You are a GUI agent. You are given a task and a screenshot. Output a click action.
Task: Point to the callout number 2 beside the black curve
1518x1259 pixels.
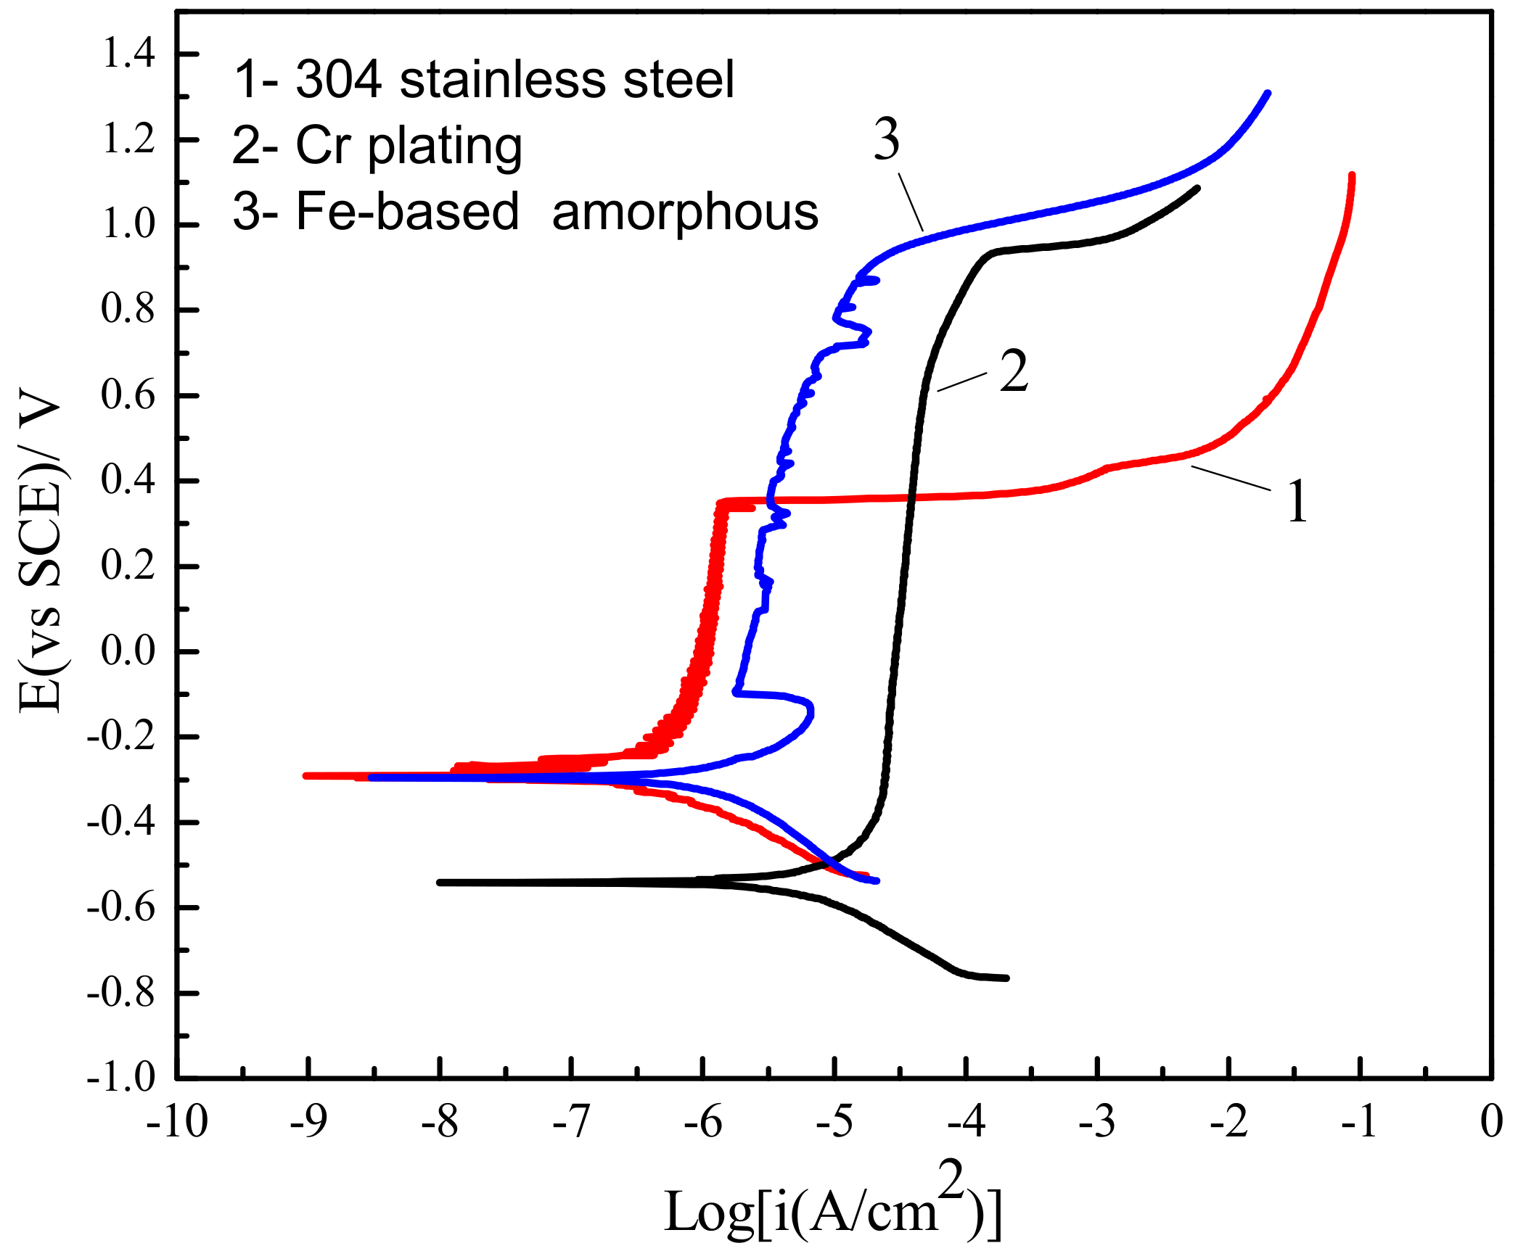1014,371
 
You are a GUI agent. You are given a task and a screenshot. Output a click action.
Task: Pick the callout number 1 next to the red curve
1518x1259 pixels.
1297,501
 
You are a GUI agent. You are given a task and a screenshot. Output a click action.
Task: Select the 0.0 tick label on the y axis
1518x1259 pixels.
128,651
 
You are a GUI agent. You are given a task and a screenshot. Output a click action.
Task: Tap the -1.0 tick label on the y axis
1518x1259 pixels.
121,1078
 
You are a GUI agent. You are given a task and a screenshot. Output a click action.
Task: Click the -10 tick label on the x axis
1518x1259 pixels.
176,1123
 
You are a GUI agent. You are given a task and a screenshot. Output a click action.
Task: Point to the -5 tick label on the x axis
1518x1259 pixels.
834,1123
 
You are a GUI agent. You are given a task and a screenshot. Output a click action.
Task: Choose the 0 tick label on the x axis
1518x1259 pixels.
1491,1123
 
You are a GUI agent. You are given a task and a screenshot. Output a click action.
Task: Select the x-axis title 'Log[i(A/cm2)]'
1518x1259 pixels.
833,1208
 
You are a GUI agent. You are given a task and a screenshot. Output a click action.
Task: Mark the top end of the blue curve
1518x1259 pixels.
1267,94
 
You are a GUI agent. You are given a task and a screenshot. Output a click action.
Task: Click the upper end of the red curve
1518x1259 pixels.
1352,176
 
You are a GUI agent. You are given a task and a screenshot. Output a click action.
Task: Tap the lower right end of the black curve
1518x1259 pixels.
1006,978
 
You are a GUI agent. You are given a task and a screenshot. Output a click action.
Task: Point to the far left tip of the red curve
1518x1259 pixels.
306,775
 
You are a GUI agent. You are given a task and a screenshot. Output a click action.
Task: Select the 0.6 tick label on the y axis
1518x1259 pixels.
128,395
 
